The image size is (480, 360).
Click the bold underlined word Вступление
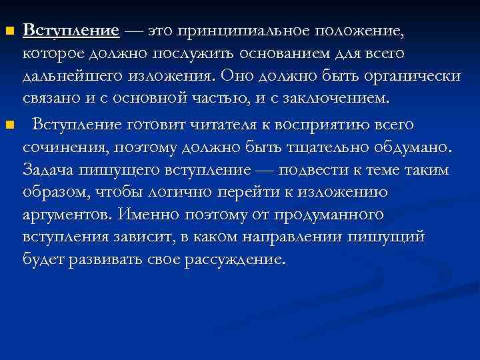click(x=71, y=31)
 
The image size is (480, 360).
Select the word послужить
click(x=200, y=53)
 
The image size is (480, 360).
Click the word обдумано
click(x=413, y=146)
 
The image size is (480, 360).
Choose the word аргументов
click(x=68, y=215)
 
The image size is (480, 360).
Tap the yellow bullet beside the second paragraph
click(x=9, y=124)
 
